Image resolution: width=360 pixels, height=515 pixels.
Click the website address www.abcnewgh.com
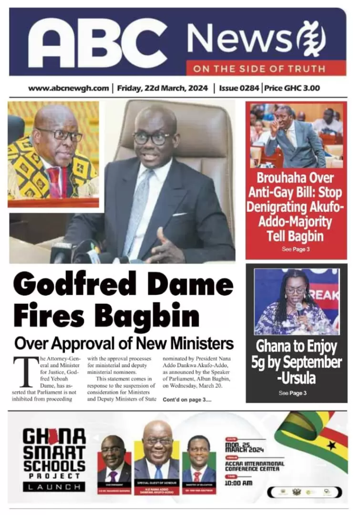point(68,88)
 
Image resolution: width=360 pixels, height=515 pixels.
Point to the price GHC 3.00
point(292,88)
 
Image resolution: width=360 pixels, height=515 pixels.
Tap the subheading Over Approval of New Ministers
point(124,344)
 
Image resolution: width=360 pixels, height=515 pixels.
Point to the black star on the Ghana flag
point(331,445)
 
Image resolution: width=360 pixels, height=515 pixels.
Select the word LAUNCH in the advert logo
point(53,487)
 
